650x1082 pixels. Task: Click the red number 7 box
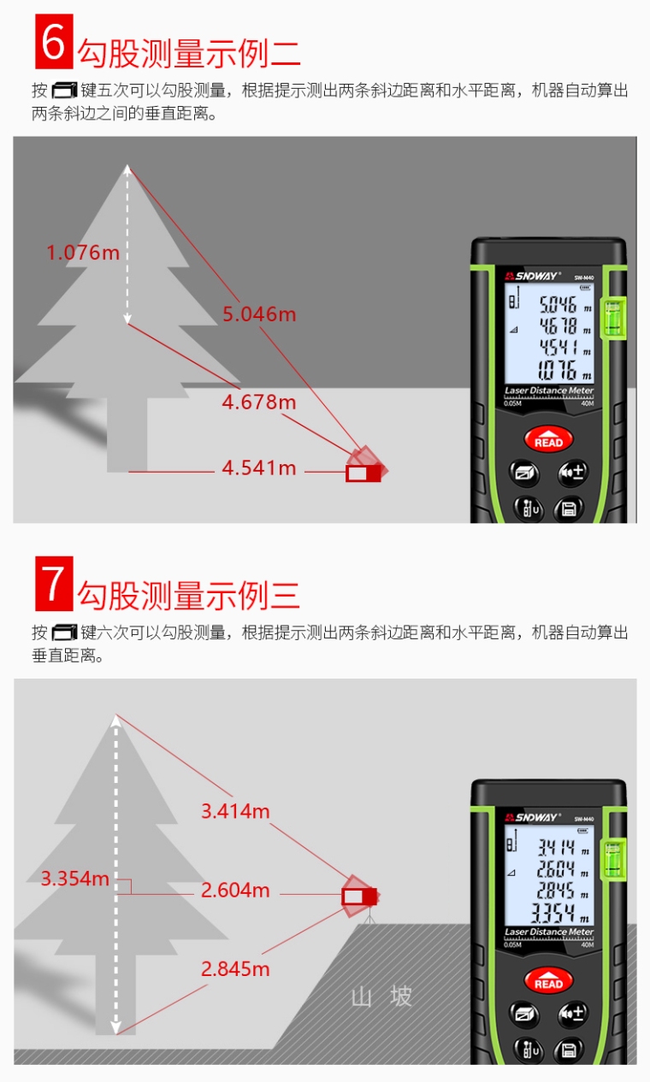(x=54, y=583)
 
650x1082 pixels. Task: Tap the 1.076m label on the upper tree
(x=83, y=252)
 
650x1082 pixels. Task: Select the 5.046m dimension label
(x=259, y=315)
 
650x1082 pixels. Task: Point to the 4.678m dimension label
(x=258, y=402)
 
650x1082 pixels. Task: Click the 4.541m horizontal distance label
(x=259, y=468)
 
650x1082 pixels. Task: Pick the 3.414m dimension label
(x=235, y=811)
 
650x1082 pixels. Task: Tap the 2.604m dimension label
(x=235, y=891)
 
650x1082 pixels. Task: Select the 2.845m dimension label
(x=235, y=969)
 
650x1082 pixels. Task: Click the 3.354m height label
(x=75, y=879)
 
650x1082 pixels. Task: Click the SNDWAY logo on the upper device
(x=532, y=275)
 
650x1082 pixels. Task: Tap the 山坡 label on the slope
(x=382, y=997)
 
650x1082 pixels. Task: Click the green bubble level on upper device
(x=612, y=318)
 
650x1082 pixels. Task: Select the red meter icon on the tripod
(x=359, y=896)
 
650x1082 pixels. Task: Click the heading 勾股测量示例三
(x=189, y=596)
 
